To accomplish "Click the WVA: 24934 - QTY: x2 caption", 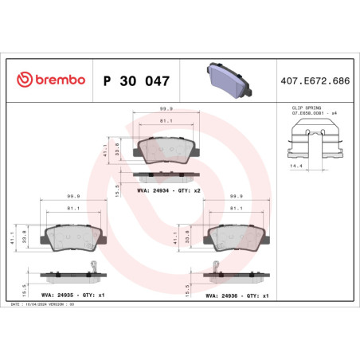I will (x=168, y=190).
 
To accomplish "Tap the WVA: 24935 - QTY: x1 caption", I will (x=72, y=294).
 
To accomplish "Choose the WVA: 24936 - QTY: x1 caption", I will (x=237, y=294).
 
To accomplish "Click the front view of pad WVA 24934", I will (x=162, y=150).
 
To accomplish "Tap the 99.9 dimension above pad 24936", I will (x=236, y=195).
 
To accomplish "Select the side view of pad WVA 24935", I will (x=69, y=273).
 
